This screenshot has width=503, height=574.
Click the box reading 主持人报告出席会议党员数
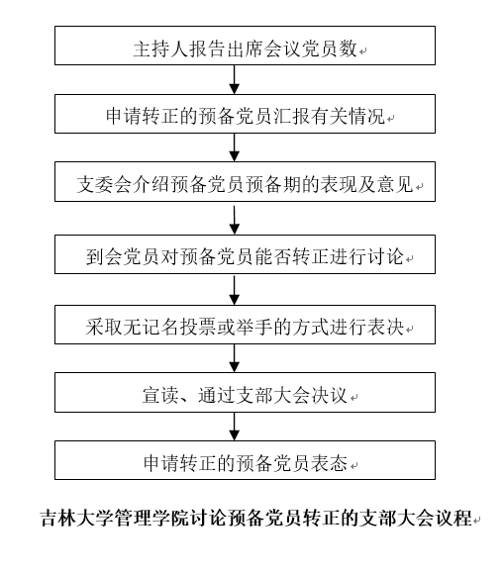click(245, 46)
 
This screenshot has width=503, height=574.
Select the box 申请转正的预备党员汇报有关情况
click(245, 114)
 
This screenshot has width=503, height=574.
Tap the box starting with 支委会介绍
click(245, 181)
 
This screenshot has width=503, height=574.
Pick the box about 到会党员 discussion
click(245, 254)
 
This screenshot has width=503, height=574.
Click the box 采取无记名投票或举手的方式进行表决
click(245, 325)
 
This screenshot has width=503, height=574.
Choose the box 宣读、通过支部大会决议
click(245, 393)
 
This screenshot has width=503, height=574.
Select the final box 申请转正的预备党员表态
click(245, 460)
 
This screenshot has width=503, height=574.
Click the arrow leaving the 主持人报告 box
click(234, 80)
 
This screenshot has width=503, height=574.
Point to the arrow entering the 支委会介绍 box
click(234, 147)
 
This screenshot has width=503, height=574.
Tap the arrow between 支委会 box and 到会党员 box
click(234, 220)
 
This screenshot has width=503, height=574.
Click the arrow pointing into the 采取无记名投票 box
click(234, 291)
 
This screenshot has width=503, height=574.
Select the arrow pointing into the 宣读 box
click(234, 358)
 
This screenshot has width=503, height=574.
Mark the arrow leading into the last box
click(234, 427)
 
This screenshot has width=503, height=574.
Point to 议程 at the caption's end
click(453, 518)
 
